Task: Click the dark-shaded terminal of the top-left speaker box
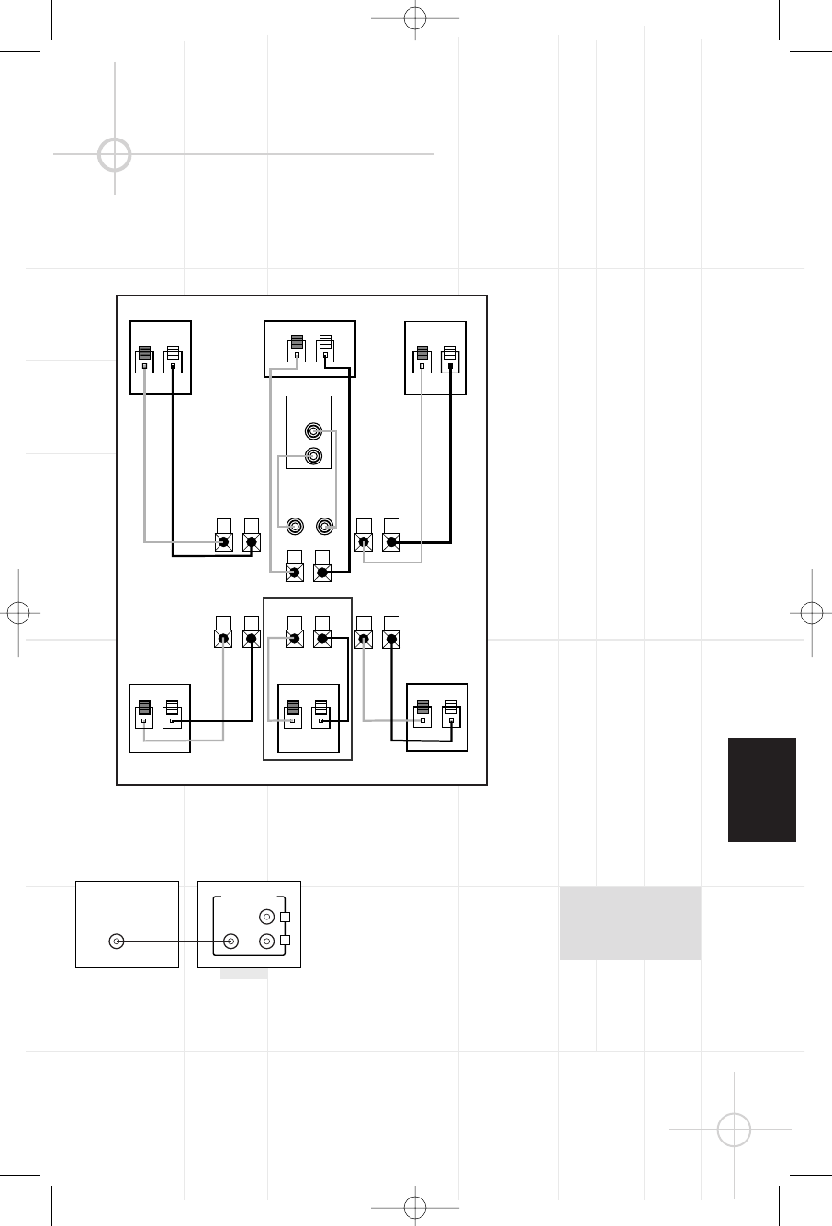coord(145,359)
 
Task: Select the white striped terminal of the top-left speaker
coord(173,359)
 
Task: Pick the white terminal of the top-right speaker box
coord(450,359)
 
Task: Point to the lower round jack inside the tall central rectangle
coord(314,456)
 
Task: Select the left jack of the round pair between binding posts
coord(296,527)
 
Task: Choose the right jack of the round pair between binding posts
coord(323,527)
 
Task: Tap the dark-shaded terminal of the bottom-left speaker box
coord(144,714)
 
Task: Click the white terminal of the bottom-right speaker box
coord(450,714)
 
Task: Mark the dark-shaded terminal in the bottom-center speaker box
coord(293,714)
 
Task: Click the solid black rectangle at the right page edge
coord(762,789)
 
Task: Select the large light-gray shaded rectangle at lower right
coord(630,923)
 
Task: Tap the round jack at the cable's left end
coord(116,941)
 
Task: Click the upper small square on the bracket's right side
coord(285,917)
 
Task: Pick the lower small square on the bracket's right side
coord(285,941)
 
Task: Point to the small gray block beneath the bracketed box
coord(243,973)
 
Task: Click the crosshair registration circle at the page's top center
coord(416,17)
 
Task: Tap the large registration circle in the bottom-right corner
coord(734,1129)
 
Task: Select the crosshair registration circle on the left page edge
coord(18,612)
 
